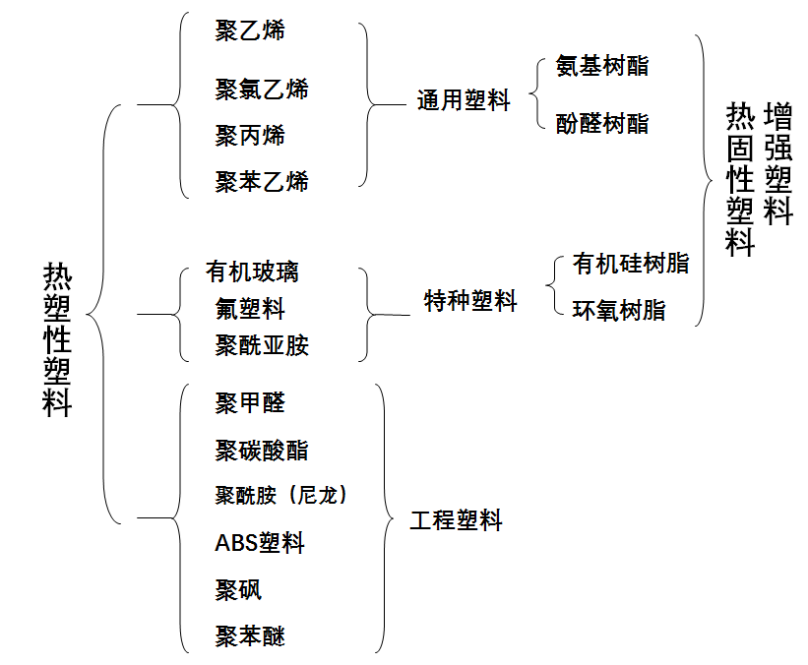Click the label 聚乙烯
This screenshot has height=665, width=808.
click(x=250, y=30)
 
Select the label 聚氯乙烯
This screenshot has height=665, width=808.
click(x=262, y=89)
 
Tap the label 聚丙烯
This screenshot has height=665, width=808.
click(x=250, y=135)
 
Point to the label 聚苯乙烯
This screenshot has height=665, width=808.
click(x=262, y=181)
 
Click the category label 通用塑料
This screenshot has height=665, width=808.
click(x=464, y=100)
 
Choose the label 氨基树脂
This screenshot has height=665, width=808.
click(x=602, y=66)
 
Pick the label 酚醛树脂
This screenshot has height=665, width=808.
click(x=602, y=123)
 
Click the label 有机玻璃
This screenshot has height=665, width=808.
click(x=252, y=272)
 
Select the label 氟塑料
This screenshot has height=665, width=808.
click(x=250, y=308)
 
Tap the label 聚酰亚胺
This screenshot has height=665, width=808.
click(x=262, y=345)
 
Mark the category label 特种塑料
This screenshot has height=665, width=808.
click(x=470, y=301)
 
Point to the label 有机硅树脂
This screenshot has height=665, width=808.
click(x=631, y=264)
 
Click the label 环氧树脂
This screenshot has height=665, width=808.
click(x=619, y=311)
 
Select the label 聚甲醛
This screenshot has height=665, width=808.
click(x=250, y=402)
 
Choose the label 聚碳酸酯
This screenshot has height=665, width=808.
click(x=262, y=451)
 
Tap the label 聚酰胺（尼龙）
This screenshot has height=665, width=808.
click(x=281, y=495)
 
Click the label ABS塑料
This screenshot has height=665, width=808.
click(x=260, y=542)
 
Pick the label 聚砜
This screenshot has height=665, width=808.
click(x=238, y=589)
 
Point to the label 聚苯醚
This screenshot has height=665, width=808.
click(x=250, y=636)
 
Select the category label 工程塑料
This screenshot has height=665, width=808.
click(x=456, y=520)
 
